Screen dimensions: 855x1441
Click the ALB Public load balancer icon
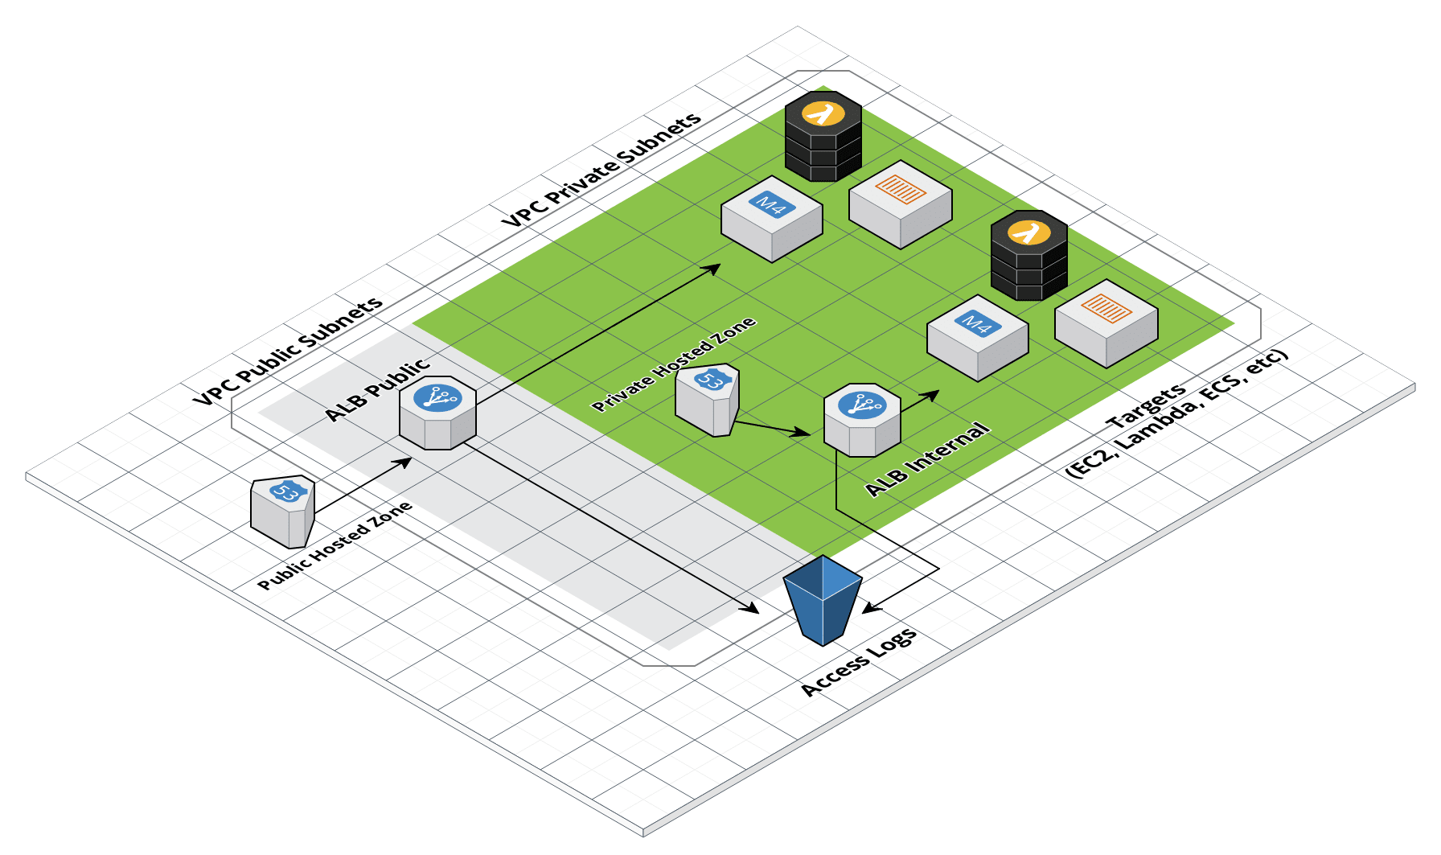(x=437, y=413)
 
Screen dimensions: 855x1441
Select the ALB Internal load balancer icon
(x=862, y=420)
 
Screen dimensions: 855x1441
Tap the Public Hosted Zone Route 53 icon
(x=282, y=512)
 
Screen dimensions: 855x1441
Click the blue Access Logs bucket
(x=823, y=599)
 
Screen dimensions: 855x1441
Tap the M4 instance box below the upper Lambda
(x=772, y=218)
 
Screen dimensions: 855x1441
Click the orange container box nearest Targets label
(x=1106, y=323)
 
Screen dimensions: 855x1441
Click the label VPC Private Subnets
(x=601, y=170)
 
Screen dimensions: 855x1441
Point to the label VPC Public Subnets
(x=288, y=351)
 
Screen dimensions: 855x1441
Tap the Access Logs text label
(x=859, y=662)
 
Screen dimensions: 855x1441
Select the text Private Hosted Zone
(x=674, y=364)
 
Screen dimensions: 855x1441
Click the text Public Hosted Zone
(x=335, y=545)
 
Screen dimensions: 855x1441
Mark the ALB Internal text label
(x=927, y=459)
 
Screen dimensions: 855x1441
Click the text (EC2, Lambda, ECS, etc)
(x=1177, y=415)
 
